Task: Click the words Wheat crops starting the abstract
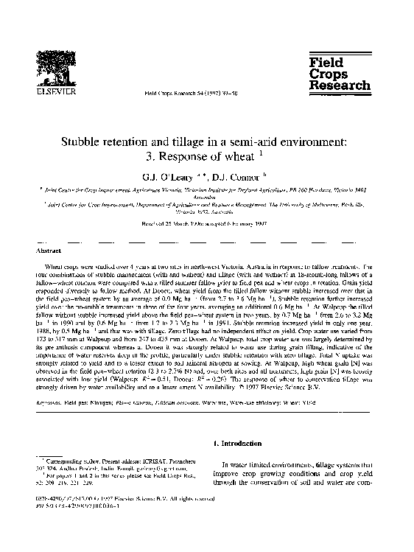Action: tap(63, 264)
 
